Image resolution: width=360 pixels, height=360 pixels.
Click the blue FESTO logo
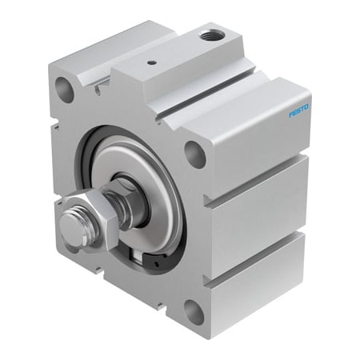click(299, 110)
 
